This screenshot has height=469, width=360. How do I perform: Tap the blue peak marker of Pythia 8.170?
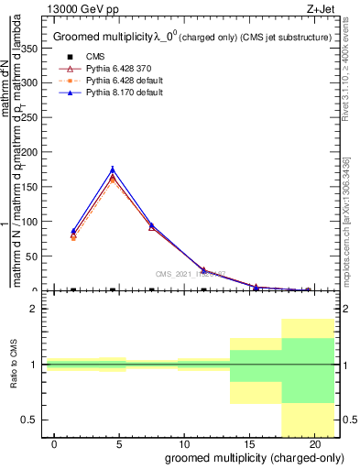point(113,169)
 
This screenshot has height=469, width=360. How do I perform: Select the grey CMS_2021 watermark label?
point(191,273)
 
